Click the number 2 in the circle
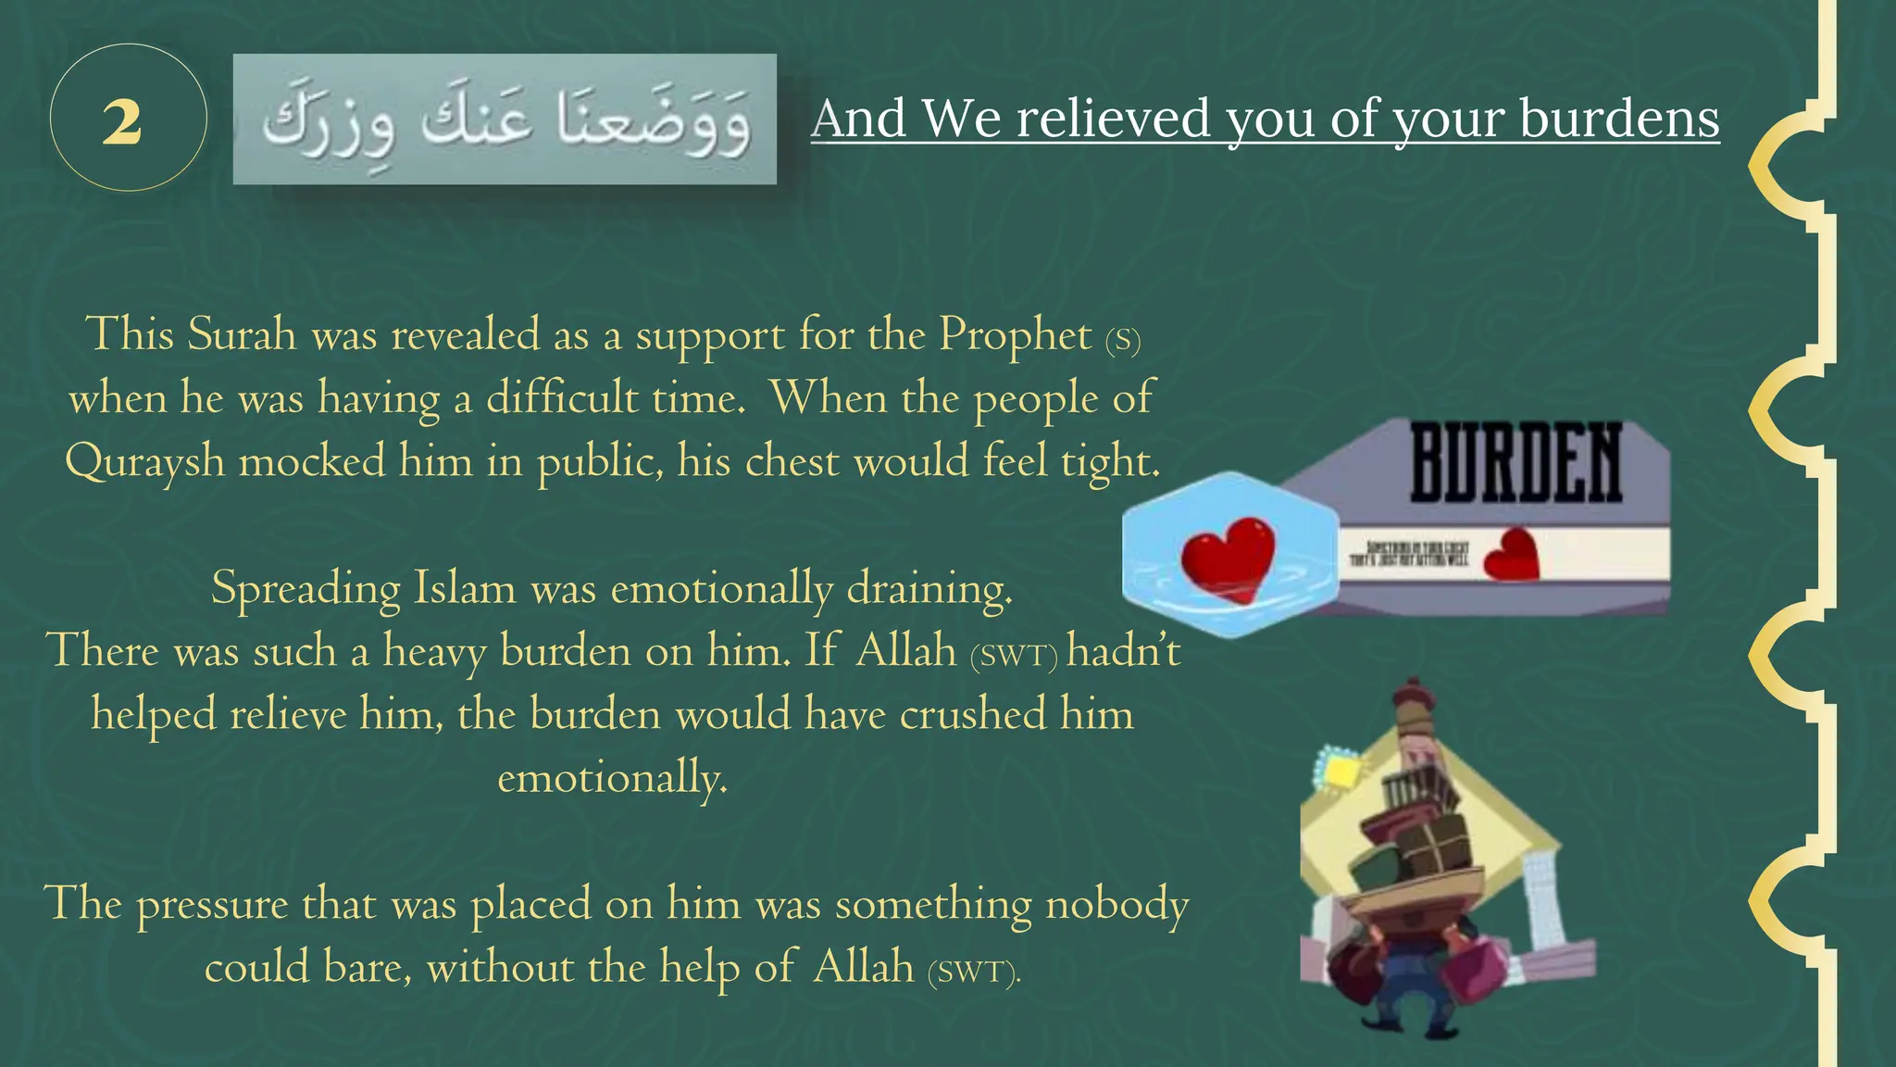122,121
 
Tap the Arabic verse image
505,119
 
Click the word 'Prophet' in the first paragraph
1016,334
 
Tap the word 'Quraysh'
145,461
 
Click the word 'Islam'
464,588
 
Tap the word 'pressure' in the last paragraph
212,904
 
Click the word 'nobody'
1116,904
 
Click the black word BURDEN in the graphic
1516,463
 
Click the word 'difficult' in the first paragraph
563,398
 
